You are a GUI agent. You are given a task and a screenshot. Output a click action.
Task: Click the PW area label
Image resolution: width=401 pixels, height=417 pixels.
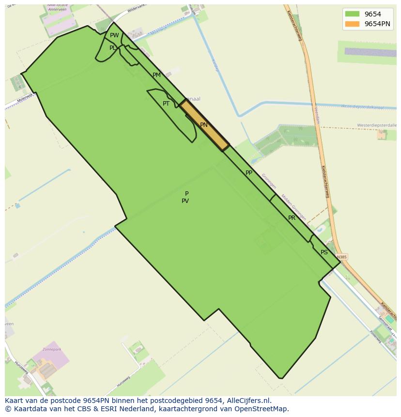114,35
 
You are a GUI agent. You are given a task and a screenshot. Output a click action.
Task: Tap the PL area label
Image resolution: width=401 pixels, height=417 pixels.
112,48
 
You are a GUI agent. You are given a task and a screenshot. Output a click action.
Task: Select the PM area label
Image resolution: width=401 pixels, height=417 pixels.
156,75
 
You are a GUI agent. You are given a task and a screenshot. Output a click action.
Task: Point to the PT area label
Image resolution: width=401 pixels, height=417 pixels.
166,104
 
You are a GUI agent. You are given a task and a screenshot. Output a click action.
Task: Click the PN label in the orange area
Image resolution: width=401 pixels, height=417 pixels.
204,125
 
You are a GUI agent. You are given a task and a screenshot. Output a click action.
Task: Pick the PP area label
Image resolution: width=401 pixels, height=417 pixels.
249,173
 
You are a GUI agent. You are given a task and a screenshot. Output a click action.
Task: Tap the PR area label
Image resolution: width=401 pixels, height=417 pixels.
292,218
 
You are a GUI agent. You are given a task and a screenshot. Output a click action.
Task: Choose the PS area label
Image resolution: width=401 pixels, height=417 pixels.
324,252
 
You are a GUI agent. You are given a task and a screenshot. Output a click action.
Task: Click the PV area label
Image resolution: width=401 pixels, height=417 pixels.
185,201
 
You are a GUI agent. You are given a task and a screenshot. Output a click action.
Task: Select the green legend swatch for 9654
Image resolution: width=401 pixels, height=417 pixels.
352,14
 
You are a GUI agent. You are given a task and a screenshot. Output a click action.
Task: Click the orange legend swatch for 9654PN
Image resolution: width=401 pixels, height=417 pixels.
352,24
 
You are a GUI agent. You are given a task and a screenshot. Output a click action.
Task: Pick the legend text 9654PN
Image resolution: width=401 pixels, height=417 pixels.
377,24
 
